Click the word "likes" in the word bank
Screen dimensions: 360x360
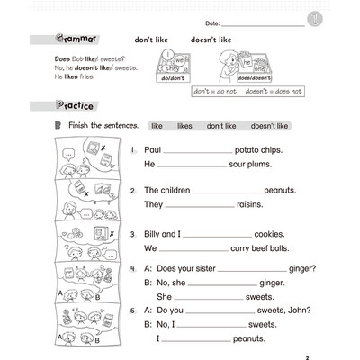[184, 126]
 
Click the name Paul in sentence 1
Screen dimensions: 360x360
[152, 149]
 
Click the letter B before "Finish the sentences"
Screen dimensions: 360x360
[58, 126]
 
